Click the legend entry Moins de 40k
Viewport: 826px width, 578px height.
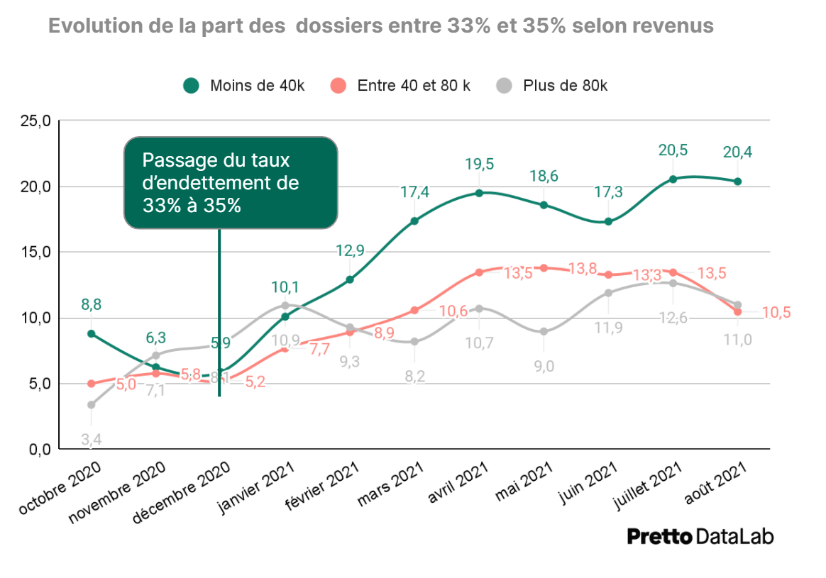coord(244,86)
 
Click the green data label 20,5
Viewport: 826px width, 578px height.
coord(673,150)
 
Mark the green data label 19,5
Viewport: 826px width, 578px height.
coord(479,165)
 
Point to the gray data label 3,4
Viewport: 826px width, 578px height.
coord(91,440)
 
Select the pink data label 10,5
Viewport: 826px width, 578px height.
coord(777,312)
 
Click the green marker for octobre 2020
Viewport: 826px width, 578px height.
coord(92,333)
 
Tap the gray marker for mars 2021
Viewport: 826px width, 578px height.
coord(414,342)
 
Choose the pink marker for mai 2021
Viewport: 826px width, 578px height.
coord(544,268)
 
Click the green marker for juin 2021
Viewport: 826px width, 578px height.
coord(608,222)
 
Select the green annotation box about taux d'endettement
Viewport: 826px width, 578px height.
coord(231,183)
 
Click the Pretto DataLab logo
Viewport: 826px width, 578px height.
coord(700,536)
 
